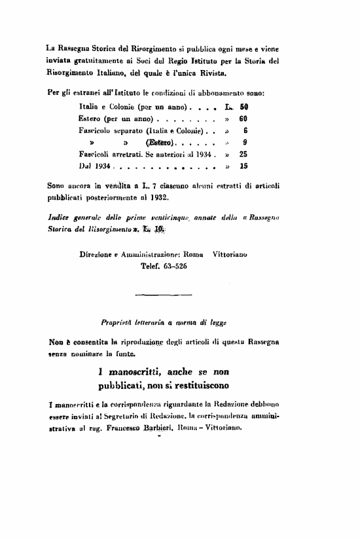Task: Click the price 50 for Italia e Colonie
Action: tap(243, 105)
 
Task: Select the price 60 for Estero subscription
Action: tap(243, 119)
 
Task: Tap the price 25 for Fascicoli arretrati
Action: tap(243, 155)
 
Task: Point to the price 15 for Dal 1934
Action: tap(243, 167)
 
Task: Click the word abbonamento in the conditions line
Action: tap(213, 92)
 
